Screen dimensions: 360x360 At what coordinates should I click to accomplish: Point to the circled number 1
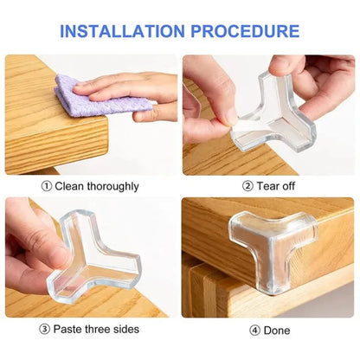(46, 186)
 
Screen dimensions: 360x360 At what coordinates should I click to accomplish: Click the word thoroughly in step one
(110, 186)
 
